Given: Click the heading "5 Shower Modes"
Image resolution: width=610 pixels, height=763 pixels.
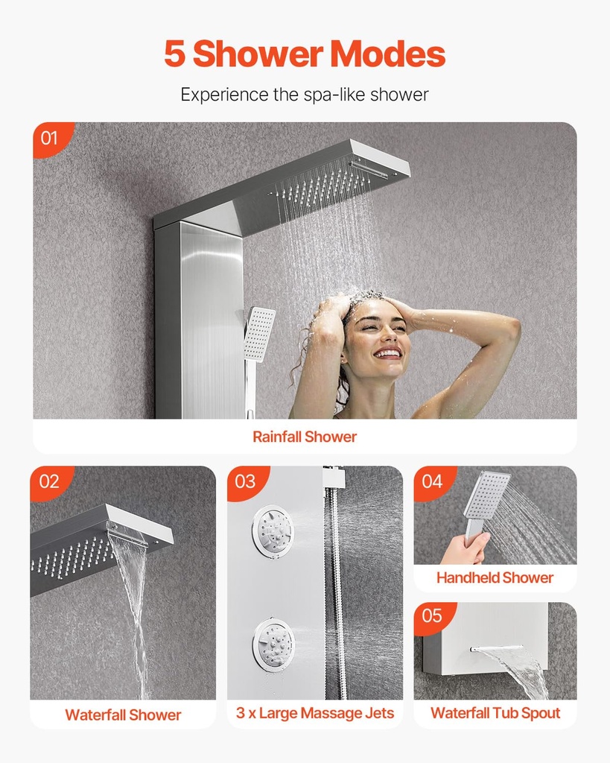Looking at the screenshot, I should [x=305, y=54].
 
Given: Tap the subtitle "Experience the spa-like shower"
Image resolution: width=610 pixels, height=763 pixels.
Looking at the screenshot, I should [x=305, y=95].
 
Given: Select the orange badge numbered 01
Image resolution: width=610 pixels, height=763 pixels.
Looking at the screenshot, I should [x=50, y=138].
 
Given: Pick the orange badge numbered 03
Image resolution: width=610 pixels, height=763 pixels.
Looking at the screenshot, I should [x=245, y=481].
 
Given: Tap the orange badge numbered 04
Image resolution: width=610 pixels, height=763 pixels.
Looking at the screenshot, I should [x=432, y=481].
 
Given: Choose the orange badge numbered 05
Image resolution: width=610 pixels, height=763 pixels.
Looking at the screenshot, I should [x=432, y=616].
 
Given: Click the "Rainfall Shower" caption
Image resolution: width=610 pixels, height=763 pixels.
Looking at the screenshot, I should [x=305, y=437].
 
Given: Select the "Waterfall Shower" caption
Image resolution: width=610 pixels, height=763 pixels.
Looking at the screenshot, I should [x=123, y=715].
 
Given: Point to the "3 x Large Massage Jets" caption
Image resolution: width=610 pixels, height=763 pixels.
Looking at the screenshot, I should [x=315, y=713].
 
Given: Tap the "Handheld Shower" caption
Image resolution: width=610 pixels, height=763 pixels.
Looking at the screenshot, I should [x=495, y=577].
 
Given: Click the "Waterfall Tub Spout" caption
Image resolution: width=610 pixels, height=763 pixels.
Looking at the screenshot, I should [x=495, y=713].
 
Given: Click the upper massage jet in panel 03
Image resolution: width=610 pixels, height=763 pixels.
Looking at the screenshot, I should [x=273, y=531].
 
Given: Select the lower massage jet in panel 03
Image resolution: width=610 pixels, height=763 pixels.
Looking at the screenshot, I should [x=273, y=645].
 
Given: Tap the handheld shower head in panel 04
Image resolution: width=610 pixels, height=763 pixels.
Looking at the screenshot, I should [x=487, y=495].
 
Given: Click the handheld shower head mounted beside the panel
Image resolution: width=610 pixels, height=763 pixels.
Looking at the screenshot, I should [x=258, y=334].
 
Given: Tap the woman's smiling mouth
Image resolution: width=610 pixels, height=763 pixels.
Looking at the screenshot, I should [x=387, y=352].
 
